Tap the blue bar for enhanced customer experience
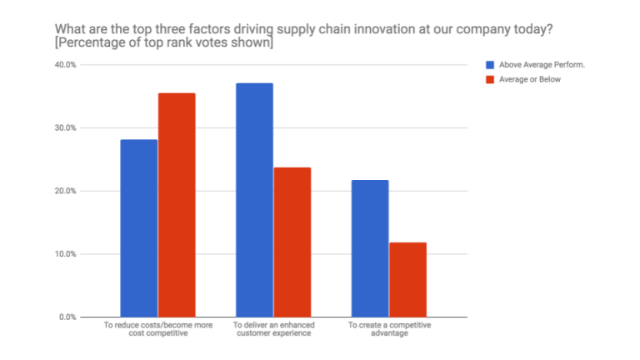[254, 200]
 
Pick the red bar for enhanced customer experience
[292, 242]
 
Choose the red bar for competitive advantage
[407, 279]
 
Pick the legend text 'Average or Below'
[529, 80]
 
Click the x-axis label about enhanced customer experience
[273, 327]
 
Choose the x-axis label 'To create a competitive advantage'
[388, 327]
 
